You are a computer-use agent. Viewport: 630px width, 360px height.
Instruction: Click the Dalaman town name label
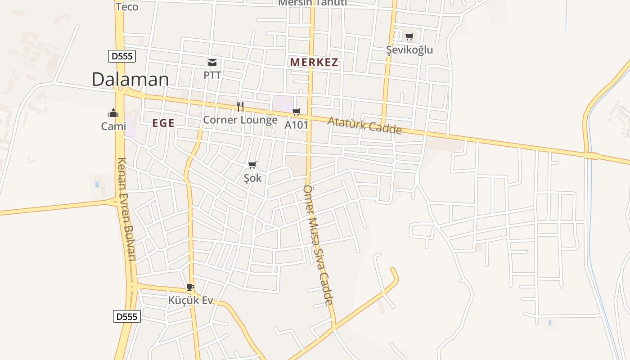130,79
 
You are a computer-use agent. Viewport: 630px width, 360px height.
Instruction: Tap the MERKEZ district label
314,63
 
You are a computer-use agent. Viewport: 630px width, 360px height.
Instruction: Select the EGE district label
163,123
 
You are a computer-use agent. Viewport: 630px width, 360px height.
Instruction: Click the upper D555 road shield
122,56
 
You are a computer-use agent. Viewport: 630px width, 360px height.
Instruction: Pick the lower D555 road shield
126,316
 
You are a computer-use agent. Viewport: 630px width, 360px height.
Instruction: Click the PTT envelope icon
212,63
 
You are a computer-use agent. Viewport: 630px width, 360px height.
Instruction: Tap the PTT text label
212,75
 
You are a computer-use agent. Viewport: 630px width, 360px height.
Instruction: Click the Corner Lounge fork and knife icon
240,107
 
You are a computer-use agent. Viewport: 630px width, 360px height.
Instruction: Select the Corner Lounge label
240,120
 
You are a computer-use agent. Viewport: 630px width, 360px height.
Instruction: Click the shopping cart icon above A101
296,112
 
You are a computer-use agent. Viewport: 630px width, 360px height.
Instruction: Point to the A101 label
296,125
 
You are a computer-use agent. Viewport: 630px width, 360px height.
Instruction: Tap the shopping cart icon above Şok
252,165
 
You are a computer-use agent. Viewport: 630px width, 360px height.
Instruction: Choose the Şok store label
252,178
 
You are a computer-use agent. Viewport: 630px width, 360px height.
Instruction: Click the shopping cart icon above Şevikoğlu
409,36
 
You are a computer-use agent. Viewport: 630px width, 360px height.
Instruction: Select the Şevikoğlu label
409,49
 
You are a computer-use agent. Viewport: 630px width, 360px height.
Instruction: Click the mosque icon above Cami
113,113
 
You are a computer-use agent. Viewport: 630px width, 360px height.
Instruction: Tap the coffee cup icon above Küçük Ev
190,287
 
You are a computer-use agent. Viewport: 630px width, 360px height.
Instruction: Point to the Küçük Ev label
190,300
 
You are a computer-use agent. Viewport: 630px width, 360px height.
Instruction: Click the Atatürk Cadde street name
364,125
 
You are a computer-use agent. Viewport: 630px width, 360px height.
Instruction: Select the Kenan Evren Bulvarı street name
126,209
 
